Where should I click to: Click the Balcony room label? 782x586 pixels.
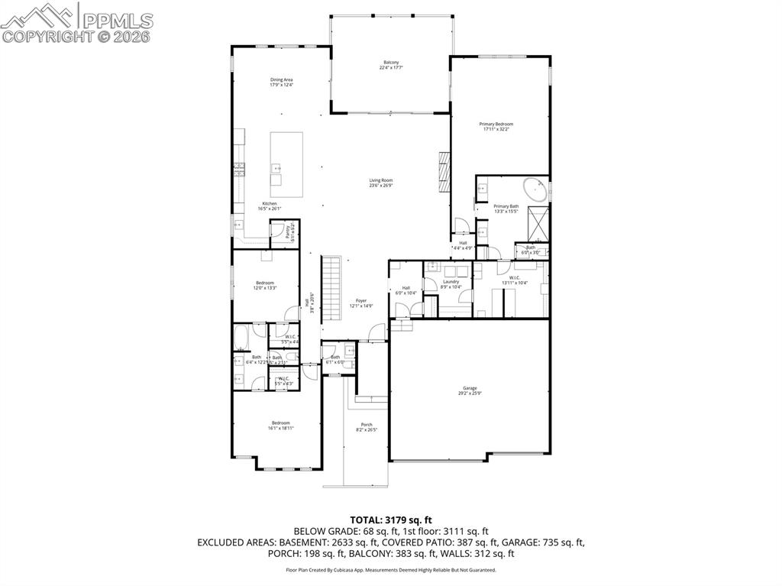point(390,65)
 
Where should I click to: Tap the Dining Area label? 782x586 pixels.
point(281,83)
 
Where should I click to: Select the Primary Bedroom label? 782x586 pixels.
point(496,127)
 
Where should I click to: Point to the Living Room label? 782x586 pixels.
point(381,183)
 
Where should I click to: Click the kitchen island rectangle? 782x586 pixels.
point(286,164)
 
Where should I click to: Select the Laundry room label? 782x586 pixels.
point(451,283)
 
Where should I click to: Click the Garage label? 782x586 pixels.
point(470,391)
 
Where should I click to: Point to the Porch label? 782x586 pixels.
point(367,427)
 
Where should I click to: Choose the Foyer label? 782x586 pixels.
point(361,303)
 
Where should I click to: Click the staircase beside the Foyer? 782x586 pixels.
point(330,290)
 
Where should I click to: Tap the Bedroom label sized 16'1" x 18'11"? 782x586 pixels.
point(280,426)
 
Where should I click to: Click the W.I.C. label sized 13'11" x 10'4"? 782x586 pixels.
point(514,280)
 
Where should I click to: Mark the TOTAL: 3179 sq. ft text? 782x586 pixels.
point(390,520)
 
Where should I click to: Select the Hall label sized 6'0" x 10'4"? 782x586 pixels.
point(406,290)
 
